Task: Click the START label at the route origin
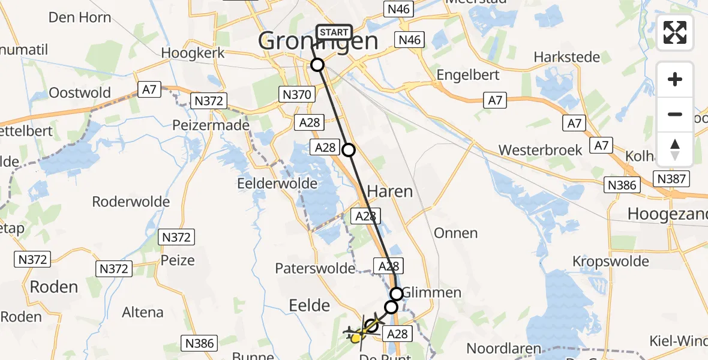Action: coord(334,32)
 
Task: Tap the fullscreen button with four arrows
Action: coord(675,33)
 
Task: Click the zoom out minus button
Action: coord(675,114)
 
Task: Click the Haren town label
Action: coord(389,191)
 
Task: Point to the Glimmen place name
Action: coord(432,293)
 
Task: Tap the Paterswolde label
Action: coord(315,268)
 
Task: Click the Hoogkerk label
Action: coord(193,53)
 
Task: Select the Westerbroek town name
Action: coord(540,150)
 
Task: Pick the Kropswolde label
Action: coord(611,261)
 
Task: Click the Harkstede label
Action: coord(567,58)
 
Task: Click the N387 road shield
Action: coord(673,179)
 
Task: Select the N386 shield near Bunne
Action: coord(199,343)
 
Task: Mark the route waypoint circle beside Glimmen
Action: coord(397,293)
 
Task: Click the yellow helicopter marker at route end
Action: coord(356,339)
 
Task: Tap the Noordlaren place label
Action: coord(504,349)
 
